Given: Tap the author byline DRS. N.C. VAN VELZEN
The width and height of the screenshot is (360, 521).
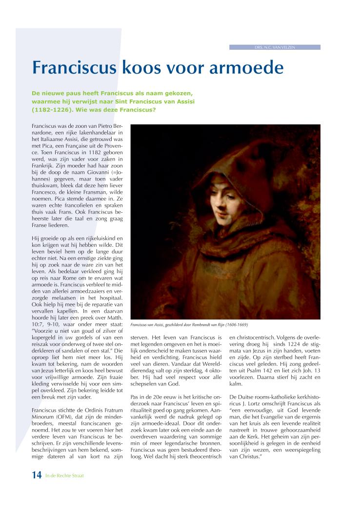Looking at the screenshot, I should [x=275, y=47].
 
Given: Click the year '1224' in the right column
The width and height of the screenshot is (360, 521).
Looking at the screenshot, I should [x=287, y=343].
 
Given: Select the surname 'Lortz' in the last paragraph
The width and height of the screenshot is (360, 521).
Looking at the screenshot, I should [x=263, y=404].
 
